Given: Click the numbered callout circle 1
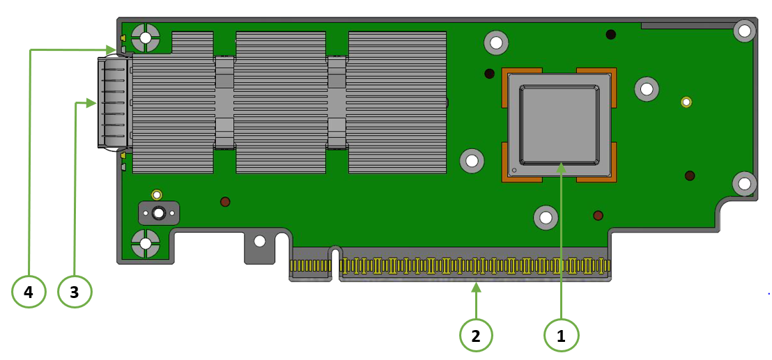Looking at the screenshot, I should pos(561,336).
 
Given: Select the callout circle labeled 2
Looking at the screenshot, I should pos(476,336).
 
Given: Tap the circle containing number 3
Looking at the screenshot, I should pos(75,292).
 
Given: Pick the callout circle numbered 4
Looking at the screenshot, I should pos(29,292).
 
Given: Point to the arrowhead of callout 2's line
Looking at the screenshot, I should pos(476,286).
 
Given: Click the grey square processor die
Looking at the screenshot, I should pos(559,125).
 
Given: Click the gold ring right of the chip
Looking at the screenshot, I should pos(686,102).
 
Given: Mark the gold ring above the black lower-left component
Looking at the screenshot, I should pos(157,194).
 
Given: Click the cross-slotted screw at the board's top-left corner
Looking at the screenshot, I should pos(146,38).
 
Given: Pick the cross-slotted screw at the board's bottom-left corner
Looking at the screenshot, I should pos(146,244).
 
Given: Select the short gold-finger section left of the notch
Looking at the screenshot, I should pos(310,265).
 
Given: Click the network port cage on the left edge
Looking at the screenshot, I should pos(113,103).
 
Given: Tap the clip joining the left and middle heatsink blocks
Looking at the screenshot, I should pos(224,102).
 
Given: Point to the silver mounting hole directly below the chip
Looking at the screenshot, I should pos(546,217).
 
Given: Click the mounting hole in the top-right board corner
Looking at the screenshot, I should pos(744,31).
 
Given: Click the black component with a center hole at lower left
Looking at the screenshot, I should pos(159,213).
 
